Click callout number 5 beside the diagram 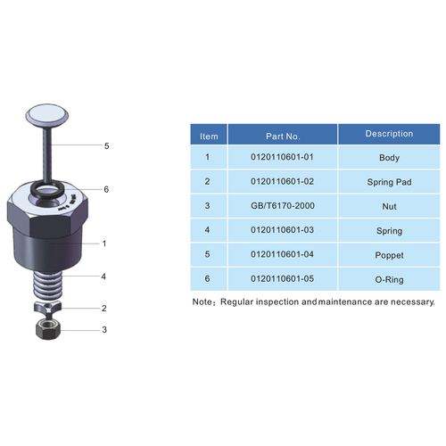[106, 145]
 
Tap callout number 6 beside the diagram [106, 189]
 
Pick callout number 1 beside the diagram [104, 243]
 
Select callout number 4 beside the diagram [103, 277]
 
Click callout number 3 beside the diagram [103, 330]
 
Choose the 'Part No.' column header [283, 136]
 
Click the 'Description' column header [390, 134]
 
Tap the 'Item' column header [209, 136]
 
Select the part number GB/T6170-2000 [283, 206]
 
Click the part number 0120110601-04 [283, 255]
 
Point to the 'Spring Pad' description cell [390, 182]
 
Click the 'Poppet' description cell [390, 255]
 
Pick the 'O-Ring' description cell [390, 280]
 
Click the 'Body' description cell [390, 157]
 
